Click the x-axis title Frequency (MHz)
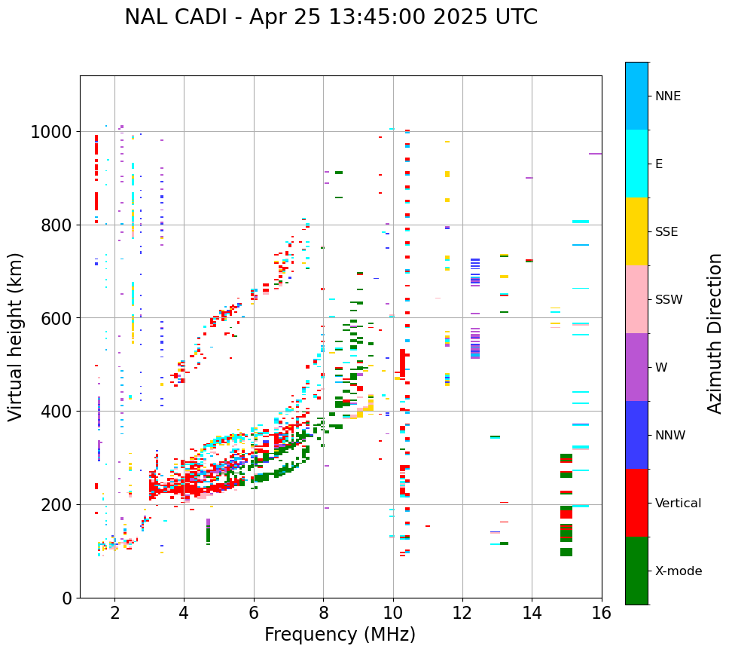click(x=340, y=635)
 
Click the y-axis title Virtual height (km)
click(x=16, y=337)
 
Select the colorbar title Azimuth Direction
click(x=715, y=333)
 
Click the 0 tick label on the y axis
click(x=66, y=598)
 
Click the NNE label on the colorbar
click(x=668, y=96)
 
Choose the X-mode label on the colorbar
click(x=679, y=571)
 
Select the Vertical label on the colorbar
click(x=679, y=504)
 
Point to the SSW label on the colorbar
click(x=669, y=300)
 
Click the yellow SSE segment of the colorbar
click(x=636, y=231)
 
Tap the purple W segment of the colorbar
click(x=636, y=367)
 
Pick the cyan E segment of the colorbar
click(x=636, y=164)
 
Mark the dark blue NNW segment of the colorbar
click(x=636, y=435)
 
